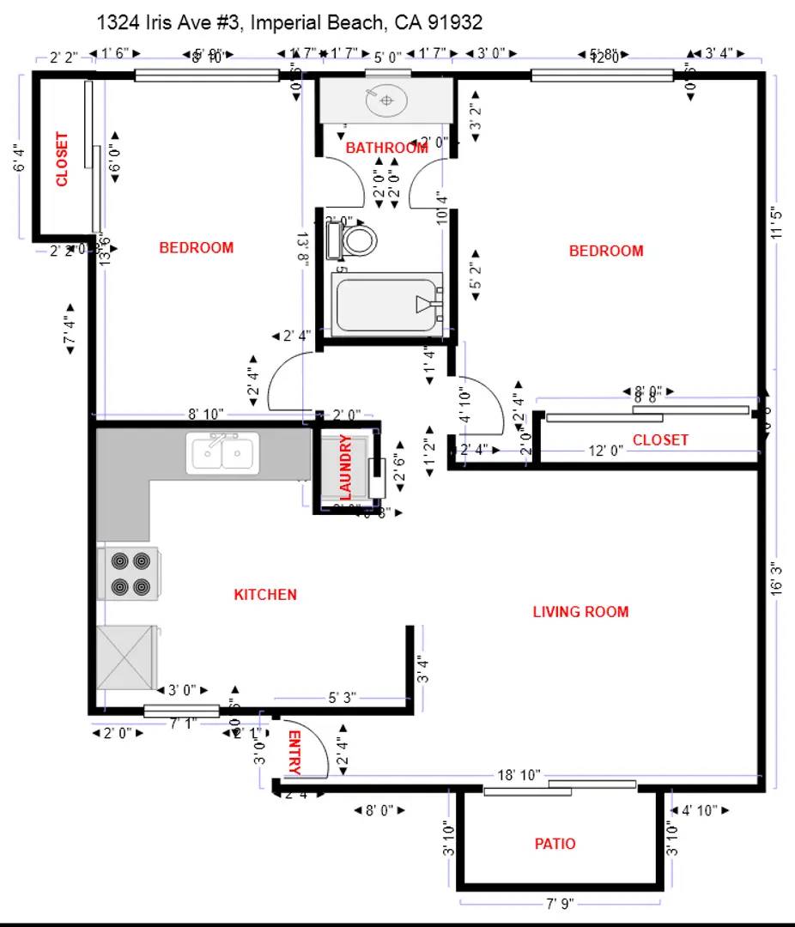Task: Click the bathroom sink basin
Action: (x=386, y=102)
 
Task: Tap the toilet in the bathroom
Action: (x=355, y=240)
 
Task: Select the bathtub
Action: (x=387, y=303)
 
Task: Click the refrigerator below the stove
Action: (x=127, y=657)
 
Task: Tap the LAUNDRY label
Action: (x=346, y=467)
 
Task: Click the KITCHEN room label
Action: (x=265, y=595)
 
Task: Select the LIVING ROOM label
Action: (x=580, y=612)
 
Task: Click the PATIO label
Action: (x=555, y=844)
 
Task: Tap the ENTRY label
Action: (x=294, y=753)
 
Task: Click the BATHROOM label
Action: (x=386, y=148)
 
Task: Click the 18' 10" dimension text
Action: (x=519, y=775)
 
